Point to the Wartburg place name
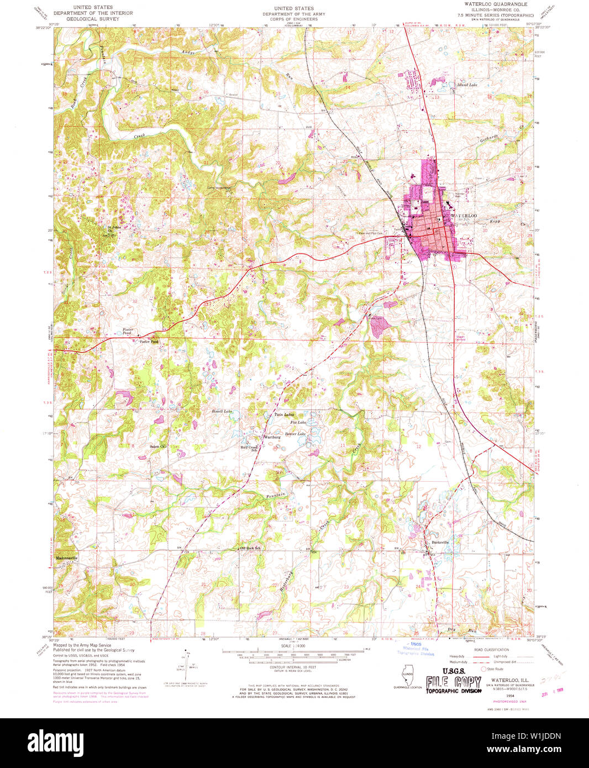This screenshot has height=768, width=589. coord(272,437)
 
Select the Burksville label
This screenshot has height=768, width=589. coord(440,542)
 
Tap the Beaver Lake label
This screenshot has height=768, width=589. coord(295,434)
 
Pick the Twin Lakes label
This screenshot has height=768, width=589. coord(284,414)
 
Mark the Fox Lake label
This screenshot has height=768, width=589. coord(298,423)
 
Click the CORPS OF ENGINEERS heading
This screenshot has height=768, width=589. coord(293,19)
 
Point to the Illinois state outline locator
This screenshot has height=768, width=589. coord(408,674)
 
